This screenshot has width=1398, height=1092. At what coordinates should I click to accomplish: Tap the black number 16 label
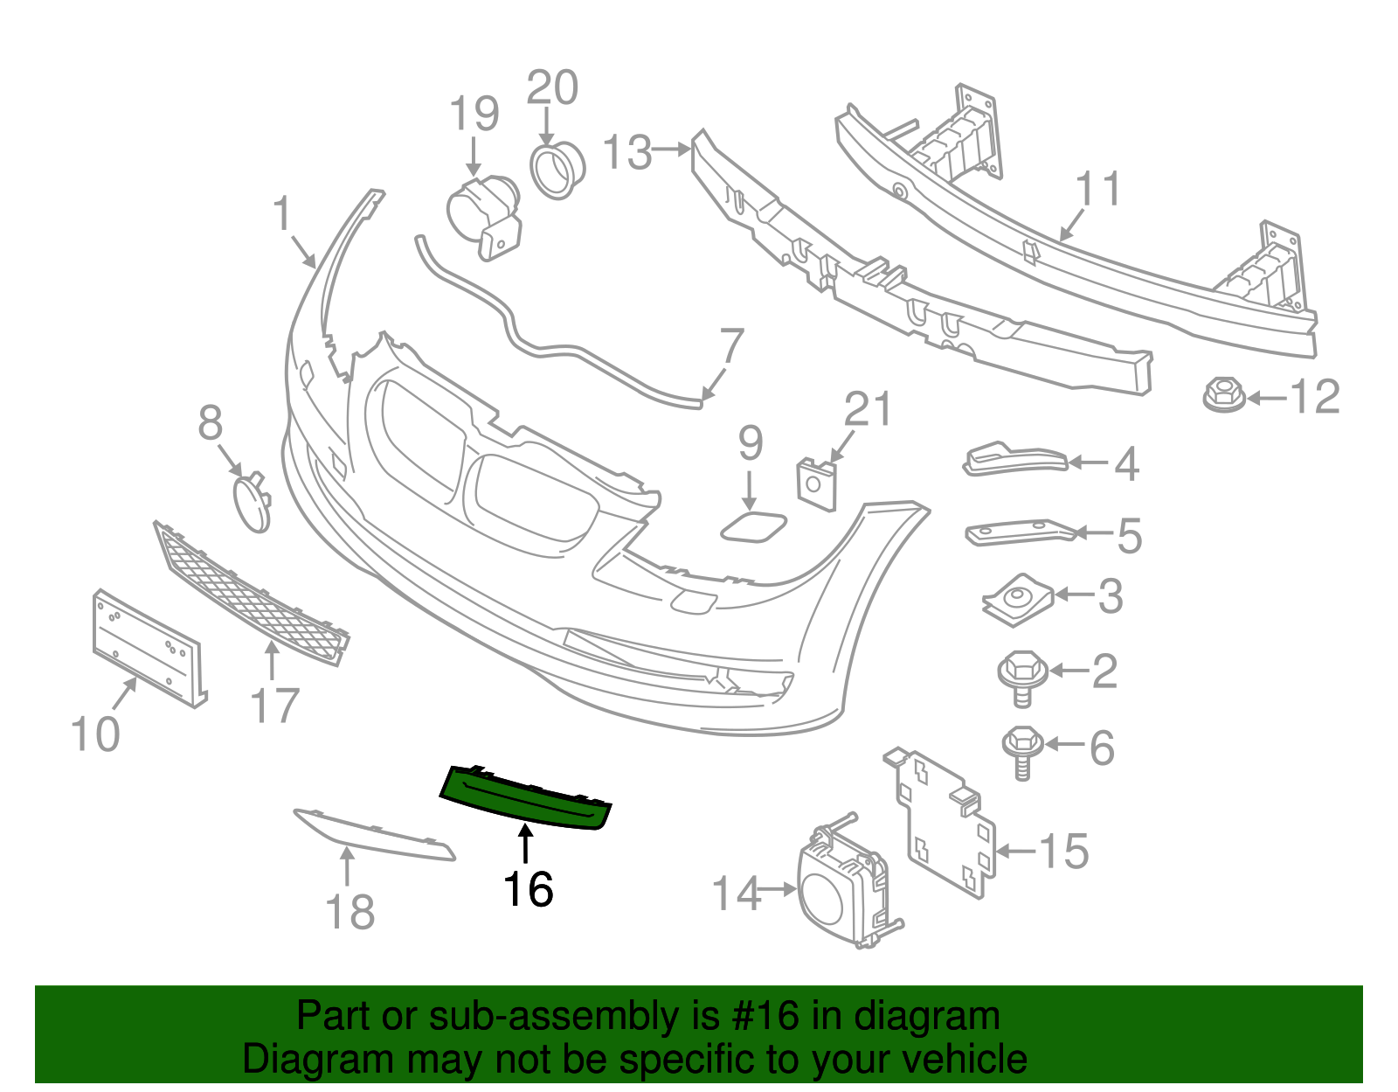pos(528,889)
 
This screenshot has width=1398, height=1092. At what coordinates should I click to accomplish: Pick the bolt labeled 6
pos(1021,748)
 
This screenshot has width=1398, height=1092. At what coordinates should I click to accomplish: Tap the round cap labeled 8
pos(252,503)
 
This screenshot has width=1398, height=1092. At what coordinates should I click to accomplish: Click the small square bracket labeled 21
pos(817,483)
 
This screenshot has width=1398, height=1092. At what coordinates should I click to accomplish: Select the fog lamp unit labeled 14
pos(839,887)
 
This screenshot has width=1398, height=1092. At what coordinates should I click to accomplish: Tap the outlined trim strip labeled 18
pos(376,835)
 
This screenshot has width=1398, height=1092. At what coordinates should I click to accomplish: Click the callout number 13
pos(627,152)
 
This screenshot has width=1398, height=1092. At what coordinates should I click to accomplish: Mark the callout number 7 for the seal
pos(730,346)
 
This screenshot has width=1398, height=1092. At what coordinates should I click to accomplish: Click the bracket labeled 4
pos(1014,460)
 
